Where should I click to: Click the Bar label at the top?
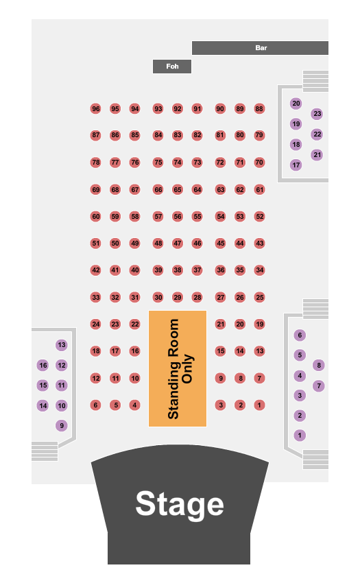click(261, 48)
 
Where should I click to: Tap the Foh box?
click(172, 67)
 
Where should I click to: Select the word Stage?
click(180, 504)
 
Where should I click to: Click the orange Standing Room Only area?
click(178, 368)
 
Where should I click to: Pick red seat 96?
click(96, 108)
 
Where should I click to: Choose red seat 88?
click(259, 108)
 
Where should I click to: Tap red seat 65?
click(178, 189)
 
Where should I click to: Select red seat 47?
click(178, 243)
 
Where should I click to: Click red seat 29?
click(178, 297)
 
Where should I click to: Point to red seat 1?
click(259, 405)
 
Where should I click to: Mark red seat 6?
click(96, 405)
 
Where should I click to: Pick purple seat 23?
click(317, 114)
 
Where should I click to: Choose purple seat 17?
click(296, 165)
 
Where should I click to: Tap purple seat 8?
click(319, 365)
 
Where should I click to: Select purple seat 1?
click(300, 435)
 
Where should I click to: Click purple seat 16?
click(43, 365)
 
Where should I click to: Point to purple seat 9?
click(62, 425)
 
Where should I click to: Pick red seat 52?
click(259, 216)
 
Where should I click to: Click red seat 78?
click(96, 162)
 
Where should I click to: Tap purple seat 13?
click(62, 345)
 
